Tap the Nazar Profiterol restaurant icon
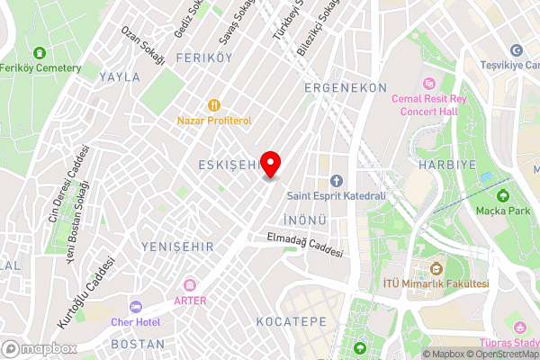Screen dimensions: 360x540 click(x=213, y=104)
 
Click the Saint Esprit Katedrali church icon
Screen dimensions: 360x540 click(x=337, y=180)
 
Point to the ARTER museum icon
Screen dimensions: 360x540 click(x=190, y=285)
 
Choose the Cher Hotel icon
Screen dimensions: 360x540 click(x=136, y=307)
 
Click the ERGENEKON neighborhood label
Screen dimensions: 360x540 click(x=346, y=87)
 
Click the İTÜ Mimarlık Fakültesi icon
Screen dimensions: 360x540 click(x=436, y=269)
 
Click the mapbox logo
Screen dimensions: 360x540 click(x=39, y=348)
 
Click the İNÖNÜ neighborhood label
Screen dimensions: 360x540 click(x=303, y=220)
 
